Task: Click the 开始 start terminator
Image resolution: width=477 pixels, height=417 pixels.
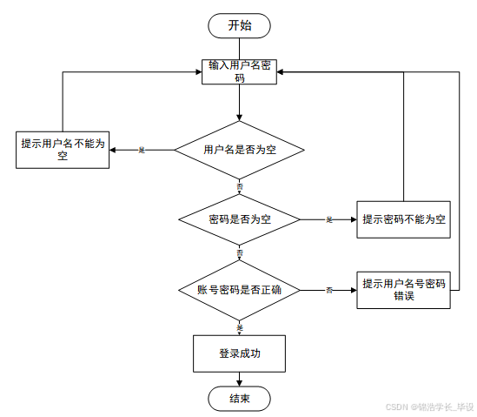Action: pyautogui.click(x=239, y=25)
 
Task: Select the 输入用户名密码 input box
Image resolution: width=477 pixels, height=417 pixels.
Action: pyautogui.click(x=239, y=71)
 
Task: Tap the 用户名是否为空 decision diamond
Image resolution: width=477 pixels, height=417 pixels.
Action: pyautogui.click(x=239, y=150)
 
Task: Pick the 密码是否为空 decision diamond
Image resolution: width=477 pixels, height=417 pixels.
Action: pyautogui.click(x=239, y=219)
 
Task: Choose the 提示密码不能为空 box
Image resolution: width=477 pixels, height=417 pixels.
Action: pyautogui.click(x=404, y=219)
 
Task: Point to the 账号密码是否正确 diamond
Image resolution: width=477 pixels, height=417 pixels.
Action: pyautogui.click(x=239, y=289)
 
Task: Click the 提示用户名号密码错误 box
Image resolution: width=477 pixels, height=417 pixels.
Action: pyautogui.click(x=404, y=289)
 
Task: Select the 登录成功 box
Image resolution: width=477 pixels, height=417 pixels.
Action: pyautogui.click(x=239, y=353)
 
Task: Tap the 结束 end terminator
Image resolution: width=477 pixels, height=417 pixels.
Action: pyautogui.click(x=239, y=398)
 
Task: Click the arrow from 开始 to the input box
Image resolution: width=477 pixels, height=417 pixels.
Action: pyautogui.click(x=239, y=48)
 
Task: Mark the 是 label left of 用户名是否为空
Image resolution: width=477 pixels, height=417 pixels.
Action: pyautogui.click(x=142, y=150)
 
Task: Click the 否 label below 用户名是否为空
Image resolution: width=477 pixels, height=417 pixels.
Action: pyautogui.click(x=240, y=186)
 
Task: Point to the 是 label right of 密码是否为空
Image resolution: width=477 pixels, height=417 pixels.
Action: pyautogui.click(x=329, y=219)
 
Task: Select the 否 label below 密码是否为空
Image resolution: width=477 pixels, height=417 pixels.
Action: pyautogui.click(x=240, y=252)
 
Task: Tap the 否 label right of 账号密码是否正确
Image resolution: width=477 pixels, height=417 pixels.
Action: pyautogui.click(x=329, y=289)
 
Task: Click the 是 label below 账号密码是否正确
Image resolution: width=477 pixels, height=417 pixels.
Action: pyautogui.click(x=240, y=326)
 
